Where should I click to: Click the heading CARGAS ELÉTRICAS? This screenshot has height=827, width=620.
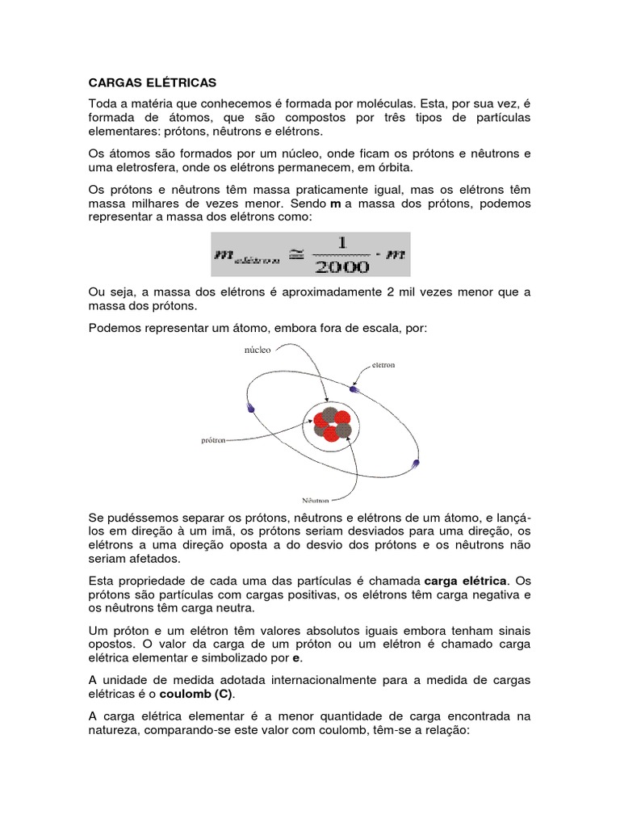(152, 82)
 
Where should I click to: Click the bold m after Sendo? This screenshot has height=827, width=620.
(336, 204)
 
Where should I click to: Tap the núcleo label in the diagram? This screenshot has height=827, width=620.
(257, 351)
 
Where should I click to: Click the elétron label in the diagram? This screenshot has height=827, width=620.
(383, 365)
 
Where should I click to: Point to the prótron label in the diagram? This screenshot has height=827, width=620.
(213, 441)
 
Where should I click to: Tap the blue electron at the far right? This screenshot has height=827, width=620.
(416, 464)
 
